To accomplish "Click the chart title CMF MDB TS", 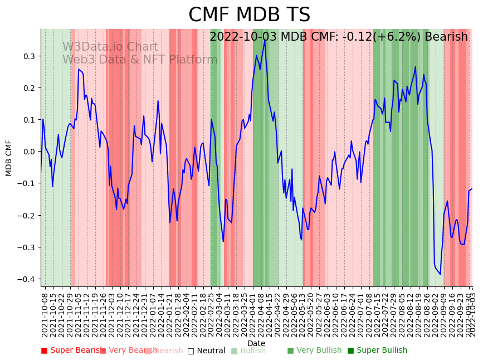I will (249, 15).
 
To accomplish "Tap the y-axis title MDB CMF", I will (9, 158).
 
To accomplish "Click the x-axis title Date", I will (256, 343).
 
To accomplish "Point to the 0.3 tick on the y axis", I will (28, 56).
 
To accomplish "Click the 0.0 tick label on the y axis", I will (28, 152).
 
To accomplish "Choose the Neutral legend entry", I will (207, 351).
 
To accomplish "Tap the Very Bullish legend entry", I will (315, 351).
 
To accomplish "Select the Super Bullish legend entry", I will (378, 351).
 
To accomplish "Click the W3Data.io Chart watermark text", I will (110, 47).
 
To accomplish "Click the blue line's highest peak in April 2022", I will (265, 41).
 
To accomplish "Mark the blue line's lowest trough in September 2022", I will (440, 274).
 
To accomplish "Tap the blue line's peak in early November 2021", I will (79, 70).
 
